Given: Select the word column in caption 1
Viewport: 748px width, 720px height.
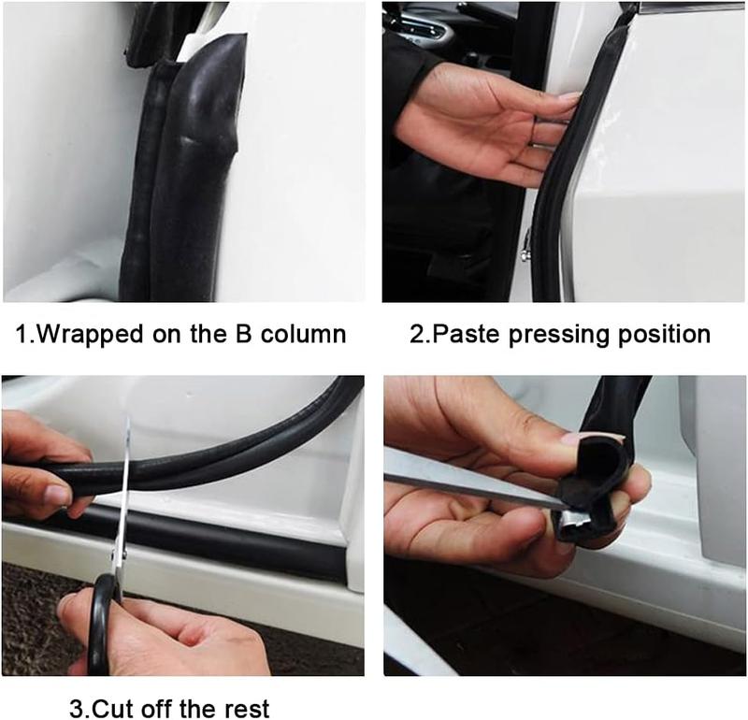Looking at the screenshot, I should (x=305, y=334).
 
